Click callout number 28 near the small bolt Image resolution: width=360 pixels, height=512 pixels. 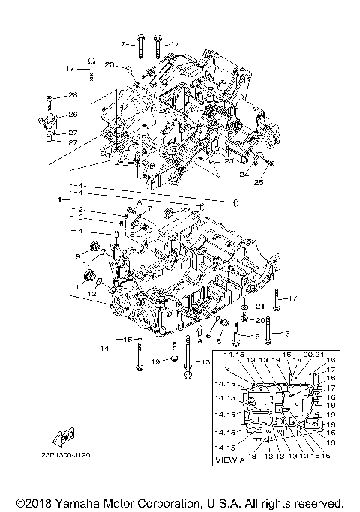pyautogui.click(x=73, y=95)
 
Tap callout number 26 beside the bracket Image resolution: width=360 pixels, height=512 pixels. pyautogui.click(x=73, y=114)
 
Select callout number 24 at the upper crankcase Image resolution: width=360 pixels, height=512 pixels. pyautogui.click(x=244, y=176)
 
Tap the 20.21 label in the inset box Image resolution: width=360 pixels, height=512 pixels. pyautogui.click(x=314, y=354)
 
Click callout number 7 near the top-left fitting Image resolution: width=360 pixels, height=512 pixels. pyautogui.click(x=149, y=209)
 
